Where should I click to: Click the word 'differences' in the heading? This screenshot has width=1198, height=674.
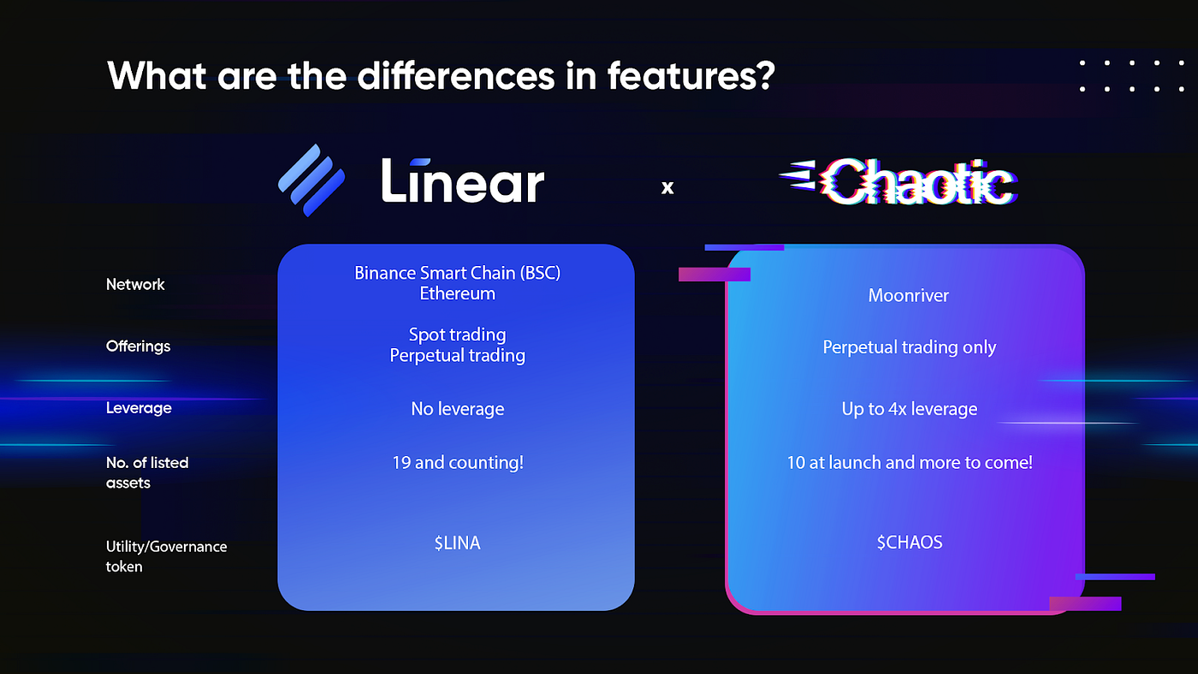point(455,75)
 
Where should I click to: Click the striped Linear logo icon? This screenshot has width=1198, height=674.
point(311,180)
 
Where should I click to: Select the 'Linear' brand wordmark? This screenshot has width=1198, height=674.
point(463,180)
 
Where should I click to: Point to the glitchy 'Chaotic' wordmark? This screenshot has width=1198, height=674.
point(898,181)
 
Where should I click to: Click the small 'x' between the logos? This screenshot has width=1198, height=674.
point(667,187)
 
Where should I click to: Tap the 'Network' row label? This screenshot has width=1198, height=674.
point(135,284)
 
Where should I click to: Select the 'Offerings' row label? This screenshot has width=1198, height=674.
point(138,346)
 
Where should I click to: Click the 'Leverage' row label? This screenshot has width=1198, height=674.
point(139,408)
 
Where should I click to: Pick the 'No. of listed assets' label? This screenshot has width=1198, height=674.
point(147,472)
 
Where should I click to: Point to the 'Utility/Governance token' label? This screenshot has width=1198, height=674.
point(166,557)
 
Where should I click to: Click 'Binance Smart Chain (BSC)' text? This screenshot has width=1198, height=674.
point(457,273)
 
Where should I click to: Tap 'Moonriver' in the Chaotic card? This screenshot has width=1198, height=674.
point(908,296)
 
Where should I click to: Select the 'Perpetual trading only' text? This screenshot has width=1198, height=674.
point(909,347)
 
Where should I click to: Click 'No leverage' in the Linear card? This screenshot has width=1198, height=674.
point(457,409)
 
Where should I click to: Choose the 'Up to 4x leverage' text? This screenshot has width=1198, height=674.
point(909,409)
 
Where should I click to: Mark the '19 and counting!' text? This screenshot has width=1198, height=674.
point(458,463)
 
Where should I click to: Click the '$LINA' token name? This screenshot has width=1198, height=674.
point(457,543)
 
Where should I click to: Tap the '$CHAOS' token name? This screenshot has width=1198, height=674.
point(909,542)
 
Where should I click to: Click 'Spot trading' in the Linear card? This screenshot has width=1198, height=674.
point(457,334)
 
